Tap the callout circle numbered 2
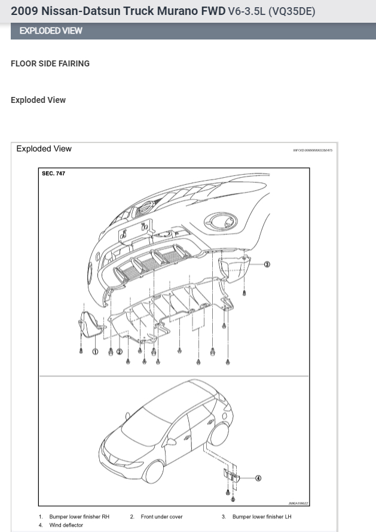pos(120,352)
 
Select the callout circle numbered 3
pos(267,264)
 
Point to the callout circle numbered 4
pos(258,478)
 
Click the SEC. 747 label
pos(54,174)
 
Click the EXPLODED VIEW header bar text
pos(51,31)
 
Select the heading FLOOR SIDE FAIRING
pos(50,63)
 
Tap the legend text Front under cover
pos(161,516)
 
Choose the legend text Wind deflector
pos(66,525)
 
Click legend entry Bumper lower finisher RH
pos(79,516)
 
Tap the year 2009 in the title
pos(24,11)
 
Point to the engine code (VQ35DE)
pos(292,11)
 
